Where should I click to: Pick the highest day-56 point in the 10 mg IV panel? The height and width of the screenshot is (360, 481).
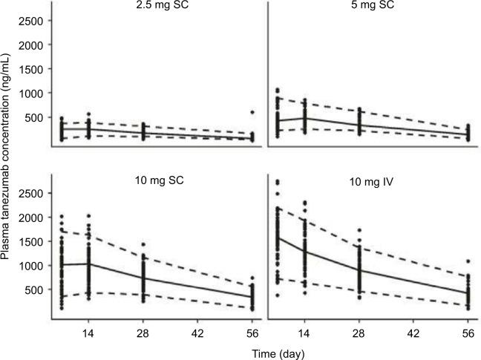[x=469, y=261]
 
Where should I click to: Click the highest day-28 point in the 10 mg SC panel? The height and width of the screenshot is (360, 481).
[x=143, y=244]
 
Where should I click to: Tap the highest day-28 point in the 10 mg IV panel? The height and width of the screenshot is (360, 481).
[x=360, y=231]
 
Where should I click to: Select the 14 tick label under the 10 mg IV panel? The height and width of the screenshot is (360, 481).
[x=305, y=333]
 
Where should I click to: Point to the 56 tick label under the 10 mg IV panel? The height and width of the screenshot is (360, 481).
[x=469, y=333]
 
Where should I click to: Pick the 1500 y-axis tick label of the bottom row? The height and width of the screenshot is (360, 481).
[x=31, y=241]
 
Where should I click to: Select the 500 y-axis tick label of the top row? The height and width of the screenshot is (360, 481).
[x=34, y=117]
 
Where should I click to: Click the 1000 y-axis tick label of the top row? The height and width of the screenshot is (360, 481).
[x=31, y=93]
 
